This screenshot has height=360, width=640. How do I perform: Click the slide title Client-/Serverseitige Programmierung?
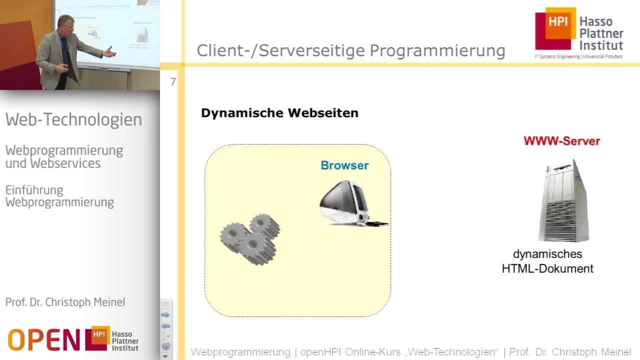[x=350, y=51]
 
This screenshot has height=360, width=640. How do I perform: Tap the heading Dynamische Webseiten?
[x=279, y=113]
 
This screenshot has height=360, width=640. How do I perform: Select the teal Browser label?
[x=344, y=165]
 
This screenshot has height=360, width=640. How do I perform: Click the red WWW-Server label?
[x=561, y=141]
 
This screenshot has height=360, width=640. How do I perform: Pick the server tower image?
[x=563, y=200]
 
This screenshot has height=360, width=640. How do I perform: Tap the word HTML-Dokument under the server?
[x=547, y=268]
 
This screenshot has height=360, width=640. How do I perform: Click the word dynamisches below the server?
[x=547, y=254]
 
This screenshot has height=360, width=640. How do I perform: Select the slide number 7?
[x=173, y=82]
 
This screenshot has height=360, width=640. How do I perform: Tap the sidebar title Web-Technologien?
[x=73, y=120]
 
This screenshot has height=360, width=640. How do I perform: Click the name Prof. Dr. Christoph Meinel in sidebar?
[x=65, y=302]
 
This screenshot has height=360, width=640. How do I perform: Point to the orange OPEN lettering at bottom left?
[x=43, y=340]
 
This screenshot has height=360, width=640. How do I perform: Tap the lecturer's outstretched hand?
[x=110, y=51]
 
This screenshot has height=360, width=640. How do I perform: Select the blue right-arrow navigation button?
[x=165, y=315]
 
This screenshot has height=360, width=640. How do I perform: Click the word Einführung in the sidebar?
[x=34, y=190]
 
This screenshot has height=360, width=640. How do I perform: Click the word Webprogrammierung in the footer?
[x=240, y=352]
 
